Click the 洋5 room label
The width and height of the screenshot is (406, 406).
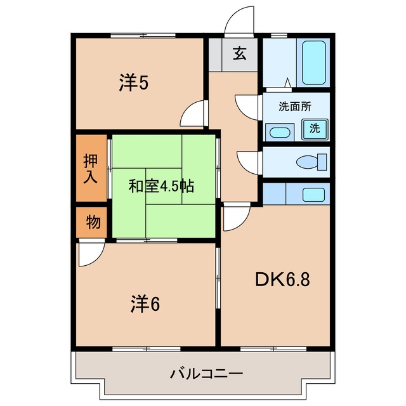[x=134, y=82]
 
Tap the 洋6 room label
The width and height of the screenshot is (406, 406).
[x=145, y=304]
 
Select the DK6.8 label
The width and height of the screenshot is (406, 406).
[x=282, y=280]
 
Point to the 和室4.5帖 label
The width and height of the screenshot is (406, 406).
[x=161, y=186]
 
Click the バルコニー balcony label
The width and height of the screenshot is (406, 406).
[x=206, y=374]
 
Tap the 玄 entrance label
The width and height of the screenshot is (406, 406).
[x=239, y=54]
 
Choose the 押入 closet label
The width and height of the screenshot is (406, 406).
[x=90, y=169]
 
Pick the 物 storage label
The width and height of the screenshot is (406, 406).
[x=93, y=223]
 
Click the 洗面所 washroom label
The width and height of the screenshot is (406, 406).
[x=295, y=107]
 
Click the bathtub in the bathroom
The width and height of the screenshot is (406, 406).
[x=313, y=63]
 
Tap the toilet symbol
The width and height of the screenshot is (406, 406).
[x=311, y=162]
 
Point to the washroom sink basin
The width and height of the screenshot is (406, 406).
[x=280, y=133]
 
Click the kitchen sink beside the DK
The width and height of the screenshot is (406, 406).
[x=313, y=195]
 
